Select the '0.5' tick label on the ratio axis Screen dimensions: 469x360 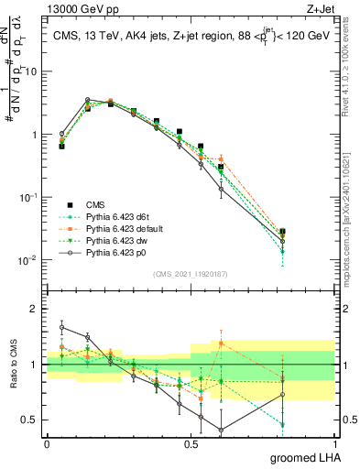(30, 420)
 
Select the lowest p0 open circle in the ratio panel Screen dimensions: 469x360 (221, 430)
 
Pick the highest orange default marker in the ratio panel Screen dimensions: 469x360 (221, 343)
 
